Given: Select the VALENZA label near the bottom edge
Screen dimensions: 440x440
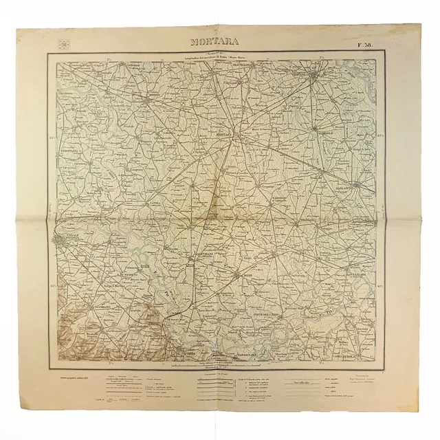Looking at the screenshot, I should click(179, 355).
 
